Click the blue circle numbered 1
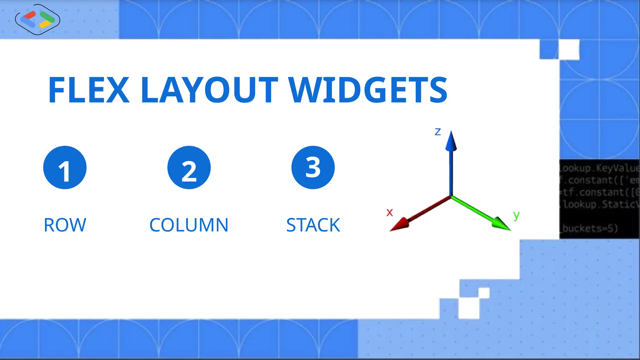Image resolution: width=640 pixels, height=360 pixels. point(65,167)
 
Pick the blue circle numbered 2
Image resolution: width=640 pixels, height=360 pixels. point(189,167)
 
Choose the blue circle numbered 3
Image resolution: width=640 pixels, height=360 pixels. point(313,167)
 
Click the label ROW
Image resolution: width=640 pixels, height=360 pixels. point(65,225)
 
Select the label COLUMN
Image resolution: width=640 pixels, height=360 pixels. point(189,225)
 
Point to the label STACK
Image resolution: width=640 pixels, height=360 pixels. point(313,225)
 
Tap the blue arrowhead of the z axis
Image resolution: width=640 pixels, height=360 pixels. point(451,142)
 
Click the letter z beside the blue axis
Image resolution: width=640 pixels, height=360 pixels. point(438,132)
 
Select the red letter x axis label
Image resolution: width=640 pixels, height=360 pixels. point(389,213)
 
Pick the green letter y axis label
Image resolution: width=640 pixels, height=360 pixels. point(516,215)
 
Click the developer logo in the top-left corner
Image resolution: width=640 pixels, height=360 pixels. point(37,19)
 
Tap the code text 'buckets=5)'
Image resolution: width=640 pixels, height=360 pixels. point(589,228)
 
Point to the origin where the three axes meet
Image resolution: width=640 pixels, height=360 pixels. point(451,197)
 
